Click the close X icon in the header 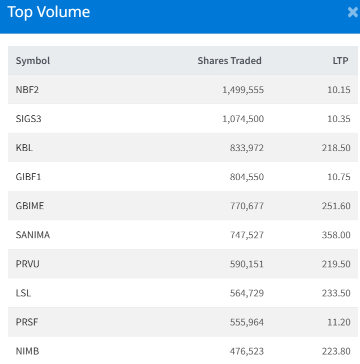[x=353, y=13]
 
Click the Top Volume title [x=48, y=12]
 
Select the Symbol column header [x=33, y=61]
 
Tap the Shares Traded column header [x=229, y=61]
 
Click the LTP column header [x=340, y=61]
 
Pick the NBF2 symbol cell [x=27, y=90]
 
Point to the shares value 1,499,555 [x=243, y=90]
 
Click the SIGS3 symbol [x=28, y=119]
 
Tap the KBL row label [x=24, y=148]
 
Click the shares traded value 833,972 [x=246, y=148]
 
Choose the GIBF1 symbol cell [x=29, y=177]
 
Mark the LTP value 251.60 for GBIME [x=336, y=206]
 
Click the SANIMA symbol [x=33, y=235]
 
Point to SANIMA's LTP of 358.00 [x=336, y=235]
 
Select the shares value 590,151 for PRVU [x=246, y=264]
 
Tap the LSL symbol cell [x=23, y=293]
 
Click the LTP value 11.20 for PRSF [x=339, y=322]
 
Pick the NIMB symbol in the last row [x=27, y=351]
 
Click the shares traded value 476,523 [x=246, y=351]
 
